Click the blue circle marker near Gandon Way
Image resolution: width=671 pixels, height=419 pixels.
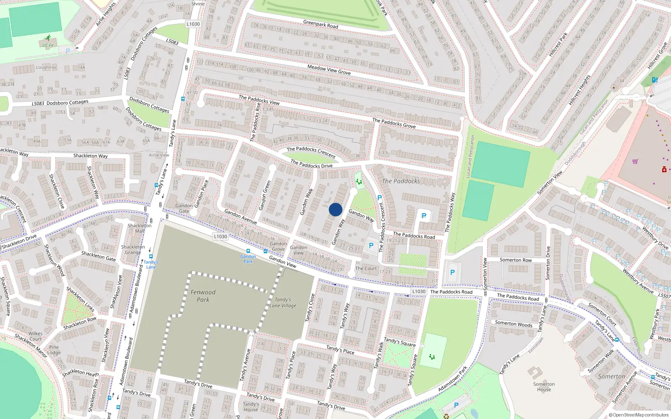tap(335, 209)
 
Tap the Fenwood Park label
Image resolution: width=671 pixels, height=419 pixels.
tap(203, 296)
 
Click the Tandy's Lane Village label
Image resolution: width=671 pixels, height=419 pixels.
tap(283, 303)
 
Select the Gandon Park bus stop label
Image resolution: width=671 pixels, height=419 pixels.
tap(248, 259)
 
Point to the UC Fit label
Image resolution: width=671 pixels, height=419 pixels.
tap(48, 45)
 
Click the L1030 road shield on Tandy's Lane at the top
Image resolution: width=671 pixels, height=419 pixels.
tap(193, 24)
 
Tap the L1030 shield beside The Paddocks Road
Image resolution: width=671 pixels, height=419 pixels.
tap(419, 291)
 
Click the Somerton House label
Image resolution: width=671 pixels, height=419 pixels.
tap(544, 387)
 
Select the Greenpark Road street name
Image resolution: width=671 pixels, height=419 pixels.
tap(320, 24)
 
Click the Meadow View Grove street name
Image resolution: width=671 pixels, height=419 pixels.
tap(329, 70)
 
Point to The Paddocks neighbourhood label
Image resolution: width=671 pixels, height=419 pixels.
tap(401, 181)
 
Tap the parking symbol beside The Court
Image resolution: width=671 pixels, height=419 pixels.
tap(371, 246)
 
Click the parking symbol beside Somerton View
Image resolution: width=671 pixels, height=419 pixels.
tap(452, 272)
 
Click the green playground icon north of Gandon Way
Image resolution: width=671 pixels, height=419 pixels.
tap(359, 181)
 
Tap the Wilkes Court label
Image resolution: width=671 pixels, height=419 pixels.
tap(35, 336)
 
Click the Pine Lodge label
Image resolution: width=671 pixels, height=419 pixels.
tap(54, 349)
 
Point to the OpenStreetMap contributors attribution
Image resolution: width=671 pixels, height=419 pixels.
tap(638, 415)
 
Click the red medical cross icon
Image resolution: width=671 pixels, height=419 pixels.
tap(664, 170)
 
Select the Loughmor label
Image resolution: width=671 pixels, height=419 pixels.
tap(46, 67)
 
